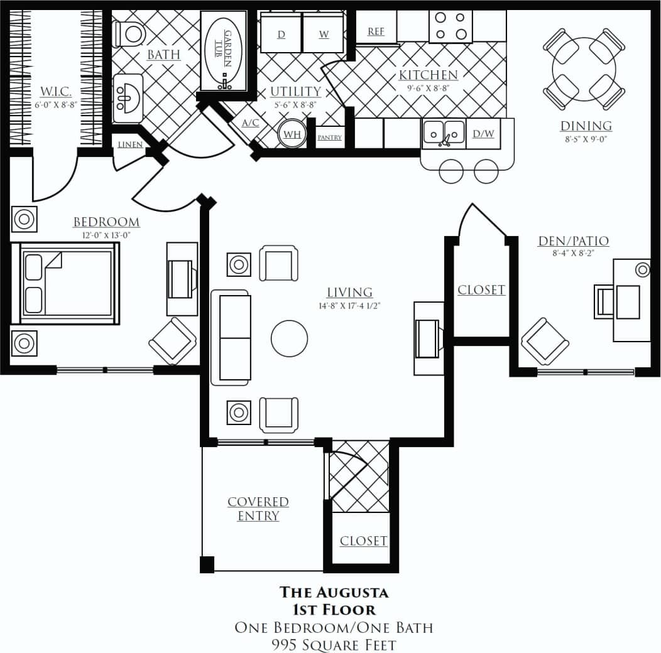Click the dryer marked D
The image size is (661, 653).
(x=281, y=34)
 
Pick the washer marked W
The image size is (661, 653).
(x=324, y=34)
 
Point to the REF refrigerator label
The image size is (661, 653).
(x=376, y=31)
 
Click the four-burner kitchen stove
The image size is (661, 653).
(x=451, y=26)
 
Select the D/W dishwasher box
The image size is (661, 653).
(x=483, y=133)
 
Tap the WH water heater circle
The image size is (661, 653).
(x=292, y=134)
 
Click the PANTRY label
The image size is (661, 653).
(x=329, y=136)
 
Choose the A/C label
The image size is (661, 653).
(x=250, y=123)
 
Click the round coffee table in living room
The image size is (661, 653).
(x=289, y=338)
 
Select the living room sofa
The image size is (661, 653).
(x=231, y=337)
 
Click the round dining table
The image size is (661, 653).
(x=584, y=68)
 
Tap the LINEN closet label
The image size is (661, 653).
(x=130, y=144)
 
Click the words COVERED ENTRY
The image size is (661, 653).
(x=258, y=509)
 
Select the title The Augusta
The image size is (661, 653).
(x=334, y=591)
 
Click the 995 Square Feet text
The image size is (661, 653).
(x=334, y=644)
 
